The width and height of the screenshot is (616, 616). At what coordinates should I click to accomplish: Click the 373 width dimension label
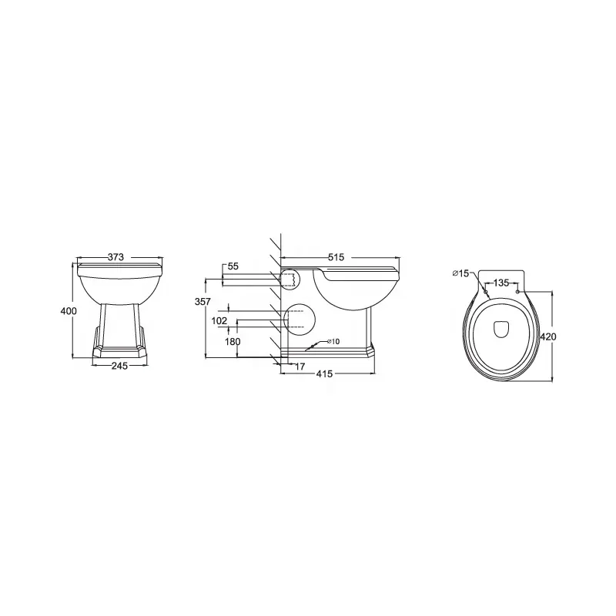click(x=115, y=257)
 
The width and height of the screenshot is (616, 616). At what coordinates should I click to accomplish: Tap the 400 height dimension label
click(x=69, y=311)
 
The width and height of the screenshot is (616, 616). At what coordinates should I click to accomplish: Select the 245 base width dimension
click(x=119, y=366)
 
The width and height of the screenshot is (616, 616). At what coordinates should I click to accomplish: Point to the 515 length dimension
click(x=336, y=257)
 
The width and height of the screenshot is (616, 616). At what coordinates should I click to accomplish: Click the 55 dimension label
click(x=233, y=266)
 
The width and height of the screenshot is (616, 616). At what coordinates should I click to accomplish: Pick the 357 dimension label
click(x=203, y=302)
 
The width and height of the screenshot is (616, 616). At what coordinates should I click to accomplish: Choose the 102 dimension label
click(x=219, y=321)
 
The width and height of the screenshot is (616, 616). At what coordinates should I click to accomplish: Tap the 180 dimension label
click(x=233, y=342)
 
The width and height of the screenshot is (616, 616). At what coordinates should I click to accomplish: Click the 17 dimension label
click(x=300, y=367)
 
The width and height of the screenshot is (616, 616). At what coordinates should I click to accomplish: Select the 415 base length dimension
click(x=324, y=374)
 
